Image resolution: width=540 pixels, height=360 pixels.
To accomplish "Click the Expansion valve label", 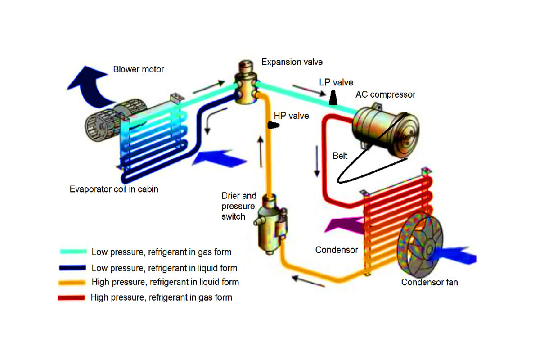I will (x=292, y=62).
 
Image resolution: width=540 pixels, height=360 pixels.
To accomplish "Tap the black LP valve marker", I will (x=333, y=97).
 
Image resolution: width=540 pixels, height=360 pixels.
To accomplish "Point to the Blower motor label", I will (x=139, y=69).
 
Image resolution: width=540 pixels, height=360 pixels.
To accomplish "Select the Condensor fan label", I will (x=429, y=282).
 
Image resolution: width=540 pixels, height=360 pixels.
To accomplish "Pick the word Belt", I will (x=340, y=156).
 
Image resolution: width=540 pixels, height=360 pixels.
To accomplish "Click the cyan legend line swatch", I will (x=72, y=252).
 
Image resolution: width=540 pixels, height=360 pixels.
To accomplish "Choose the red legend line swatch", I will (x=72, y=297).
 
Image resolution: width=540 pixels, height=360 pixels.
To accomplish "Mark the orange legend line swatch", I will (x=72, y=283).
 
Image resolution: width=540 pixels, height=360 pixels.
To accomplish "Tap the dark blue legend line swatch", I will (x=72, y=268).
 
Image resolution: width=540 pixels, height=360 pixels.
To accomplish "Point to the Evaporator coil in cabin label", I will (x=114, y=189).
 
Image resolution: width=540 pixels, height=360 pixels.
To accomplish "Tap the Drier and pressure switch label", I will (x=239, y=206).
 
